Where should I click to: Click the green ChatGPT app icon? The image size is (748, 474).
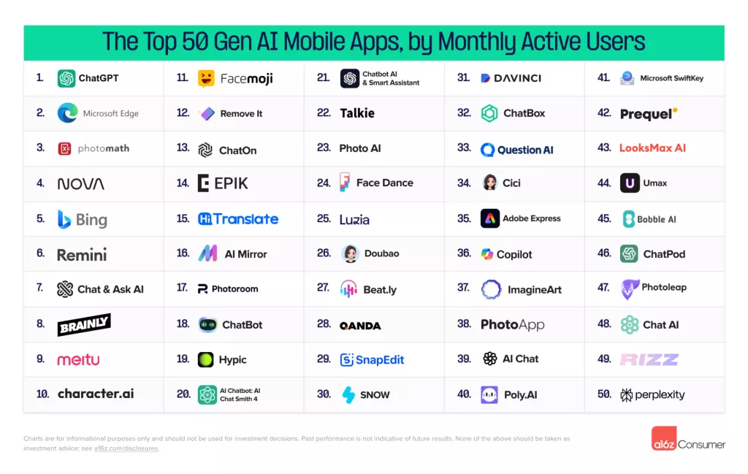click(66, 78)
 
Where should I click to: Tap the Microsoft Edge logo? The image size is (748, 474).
click(67, 113)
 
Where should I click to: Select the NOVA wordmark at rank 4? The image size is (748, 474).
click(80, 184)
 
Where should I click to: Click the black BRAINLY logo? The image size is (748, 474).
click(84, 324)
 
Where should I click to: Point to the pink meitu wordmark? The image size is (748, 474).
click(78, 359)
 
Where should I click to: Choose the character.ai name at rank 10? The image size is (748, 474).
click(96, 394)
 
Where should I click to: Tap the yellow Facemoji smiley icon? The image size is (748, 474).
click(206, 78)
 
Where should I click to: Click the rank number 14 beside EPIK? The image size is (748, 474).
click(183, 183)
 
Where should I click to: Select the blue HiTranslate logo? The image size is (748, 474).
click(238, 219)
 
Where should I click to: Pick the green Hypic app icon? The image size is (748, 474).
click(206, 359)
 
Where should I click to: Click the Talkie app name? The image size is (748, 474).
click(357, 113)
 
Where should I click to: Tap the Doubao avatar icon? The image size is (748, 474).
click(350, 253)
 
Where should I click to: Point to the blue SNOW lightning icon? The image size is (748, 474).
click(349, 394)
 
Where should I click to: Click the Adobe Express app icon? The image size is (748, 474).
click(490, 218)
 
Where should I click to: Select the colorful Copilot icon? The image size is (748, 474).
click(487, 254)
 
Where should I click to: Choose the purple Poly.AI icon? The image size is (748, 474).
click(489, 394)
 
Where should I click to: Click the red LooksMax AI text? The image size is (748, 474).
click(652, 148)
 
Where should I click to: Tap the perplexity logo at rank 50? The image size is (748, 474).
click(652, 394)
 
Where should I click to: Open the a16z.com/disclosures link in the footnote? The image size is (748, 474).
click(126, 448)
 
